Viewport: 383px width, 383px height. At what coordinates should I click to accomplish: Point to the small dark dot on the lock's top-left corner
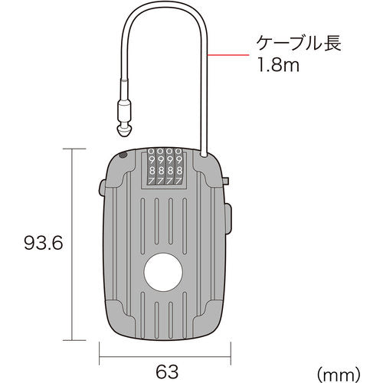click(123, 156)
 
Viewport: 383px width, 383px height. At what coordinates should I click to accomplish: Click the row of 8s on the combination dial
click(162, 171)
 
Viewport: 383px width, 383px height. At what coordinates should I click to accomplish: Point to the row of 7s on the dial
click(162, 182)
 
